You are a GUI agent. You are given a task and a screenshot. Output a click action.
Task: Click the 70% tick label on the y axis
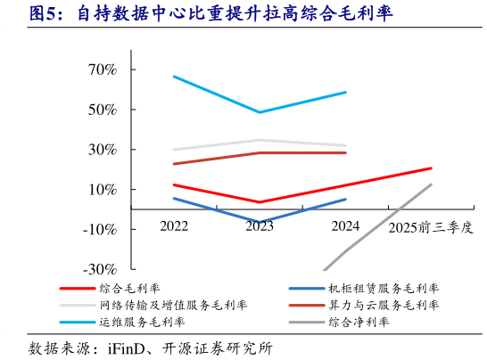pos(101,70)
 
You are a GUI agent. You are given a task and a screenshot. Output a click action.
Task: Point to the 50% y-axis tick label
pos(101,110)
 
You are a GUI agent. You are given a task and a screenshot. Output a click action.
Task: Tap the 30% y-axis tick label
pos(101,150)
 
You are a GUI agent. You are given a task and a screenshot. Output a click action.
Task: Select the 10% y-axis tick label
pos(101,190)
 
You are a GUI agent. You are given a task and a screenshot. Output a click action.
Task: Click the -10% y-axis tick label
pos(98,229)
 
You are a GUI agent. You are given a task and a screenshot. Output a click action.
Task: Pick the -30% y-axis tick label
pos(98,269)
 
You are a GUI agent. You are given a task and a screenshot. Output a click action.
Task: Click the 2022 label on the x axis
pos(174,226)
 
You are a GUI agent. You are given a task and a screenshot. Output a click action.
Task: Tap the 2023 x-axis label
pos(260,226)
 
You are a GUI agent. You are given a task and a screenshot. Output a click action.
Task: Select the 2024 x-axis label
pos(345,226)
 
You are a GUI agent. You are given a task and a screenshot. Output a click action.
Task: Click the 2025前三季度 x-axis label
pos(430,228)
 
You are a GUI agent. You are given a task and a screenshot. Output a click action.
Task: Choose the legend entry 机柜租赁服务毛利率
pos(384,289)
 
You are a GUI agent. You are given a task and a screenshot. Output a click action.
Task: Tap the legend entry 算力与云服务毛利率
pos(384,305)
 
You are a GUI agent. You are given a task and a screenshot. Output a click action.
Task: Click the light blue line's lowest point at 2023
pos(260,112)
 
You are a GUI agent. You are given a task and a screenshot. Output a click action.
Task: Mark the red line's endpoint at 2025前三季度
pos(431,168)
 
